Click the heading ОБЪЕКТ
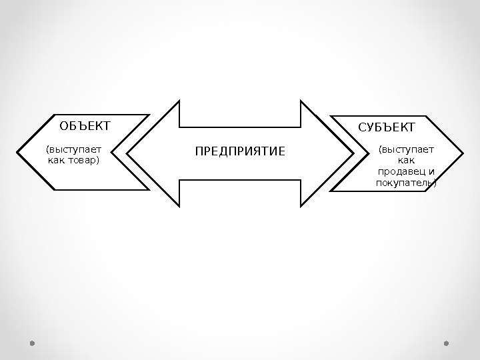coord(85,125)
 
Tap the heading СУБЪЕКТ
coord(387,127)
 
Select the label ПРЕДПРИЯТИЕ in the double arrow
coord(240,152)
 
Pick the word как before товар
coord(58,161)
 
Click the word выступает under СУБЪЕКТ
coord(406,150)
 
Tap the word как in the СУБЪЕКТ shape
coord(406,161)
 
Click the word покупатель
coord(403,183)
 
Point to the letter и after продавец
coord(431,172)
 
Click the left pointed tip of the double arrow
coord(127,153)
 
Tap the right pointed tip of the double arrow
coord(354,153)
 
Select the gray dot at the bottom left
coord(32,343)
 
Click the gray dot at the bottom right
coord(446,343)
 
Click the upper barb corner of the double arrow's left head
coord(180,101)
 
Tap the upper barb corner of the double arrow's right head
coord(301,101)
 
